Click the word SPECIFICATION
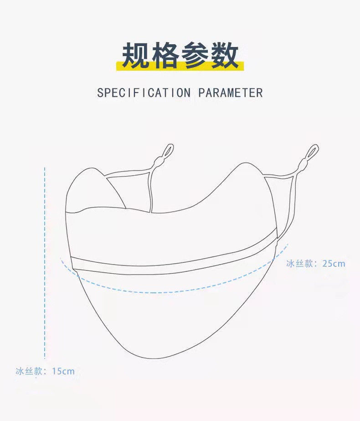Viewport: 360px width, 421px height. coord(144,93)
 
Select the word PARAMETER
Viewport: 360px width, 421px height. coord(231,93)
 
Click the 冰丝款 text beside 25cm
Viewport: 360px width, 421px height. coord(299,264)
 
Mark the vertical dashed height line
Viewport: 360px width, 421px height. coord(45,265)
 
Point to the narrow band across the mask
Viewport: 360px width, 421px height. coord(173,265)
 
